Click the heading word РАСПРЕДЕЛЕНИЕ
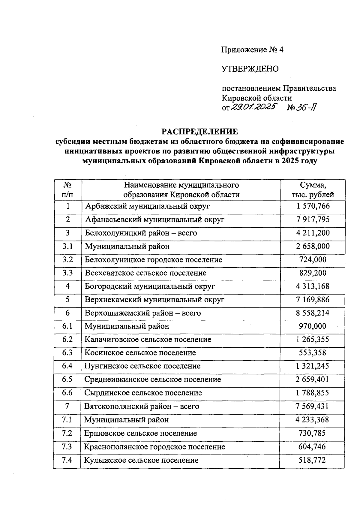coord(200,132)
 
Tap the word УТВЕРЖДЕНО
coord(250,69)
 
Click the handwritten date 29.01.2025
coord(254,107)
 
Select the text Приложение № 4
coord(252,50)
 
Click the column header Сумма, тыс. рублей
coord(313,190)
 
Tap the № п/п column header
coord(68,190)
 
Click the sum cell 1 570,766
coord(313,206)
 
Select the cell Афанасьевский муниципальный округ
coord(154,219)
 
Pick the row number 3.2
coord(68,259)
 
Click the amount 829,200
coord(313,273)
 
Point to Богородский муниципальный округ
coord(150,286)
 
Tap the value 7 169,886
coord(313,300)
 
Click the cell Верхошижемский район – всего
coord(143,313)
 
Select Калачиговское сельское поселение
coord(148,340)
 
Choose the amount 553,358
coord(312,353)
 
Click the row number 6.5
coord(67,379)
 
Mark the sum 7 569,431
coord(312,407)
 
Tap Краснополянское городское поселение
coord(154,447)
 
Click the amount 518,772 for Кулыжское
coord(312,460)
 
